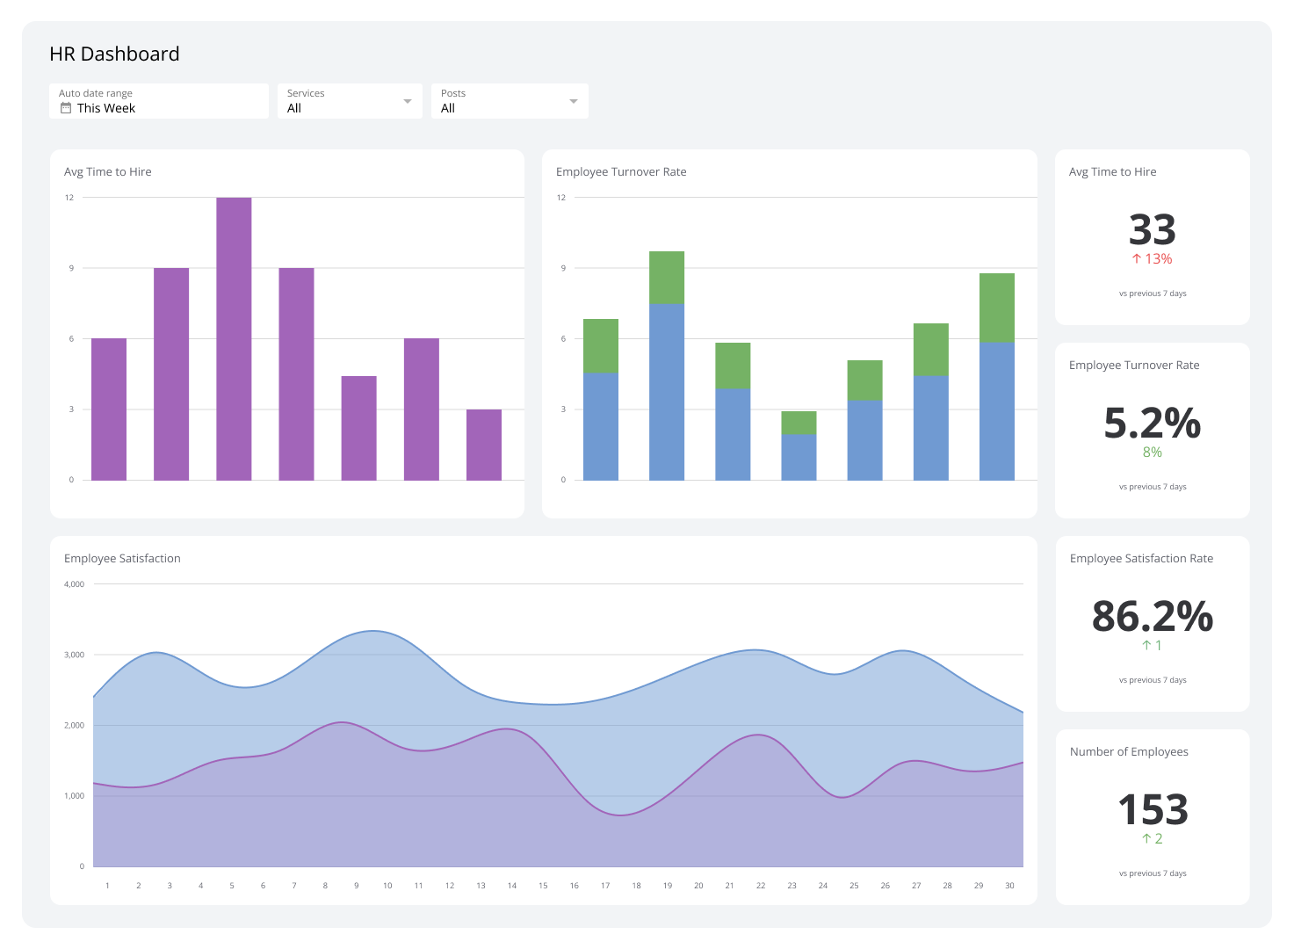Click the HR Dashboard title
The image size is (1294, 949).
pos(114,54)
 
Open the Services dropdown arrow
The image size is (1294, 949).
pos(407,101)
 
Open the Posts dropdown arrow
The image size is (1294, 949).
pos(574,101)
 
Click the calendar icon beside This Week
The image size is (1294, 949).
pos(66,108)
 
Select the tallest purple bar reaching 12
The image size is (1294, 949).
pos(234,338)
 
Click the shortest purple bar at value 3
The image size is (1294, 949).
pos(483,445)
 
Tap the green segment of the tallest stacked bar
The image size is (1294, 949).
pos(667,277)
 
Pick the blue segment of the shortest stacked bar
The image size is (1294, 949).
pos(799,457)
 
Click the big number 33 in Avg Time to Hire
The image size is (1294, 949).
pos(1152,230)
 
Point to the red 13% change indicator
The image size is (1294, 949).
pos(1152,259)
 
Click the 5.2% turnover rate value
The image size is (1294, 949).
pos(1152,424)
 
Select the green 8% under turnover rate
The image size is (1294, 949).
pos(1152,453)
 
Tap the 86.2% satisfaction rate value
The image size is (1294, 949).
pos(1152,617)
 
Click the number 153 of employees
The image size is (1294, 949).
pos(1152,810)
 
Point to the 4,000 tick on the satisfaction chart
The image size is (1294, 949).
pos(75,584)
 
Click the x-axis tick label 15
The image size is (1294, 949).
pos(543,886)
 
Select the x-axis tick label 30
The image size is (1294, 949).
pos(1009,886)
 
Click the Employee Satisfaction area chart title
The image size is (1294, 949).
pos(122,559)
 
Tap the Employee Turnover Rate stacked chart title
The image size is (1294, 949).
pos(621,172)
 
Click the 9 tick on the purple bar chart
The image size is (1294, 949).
pos(71,268)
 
